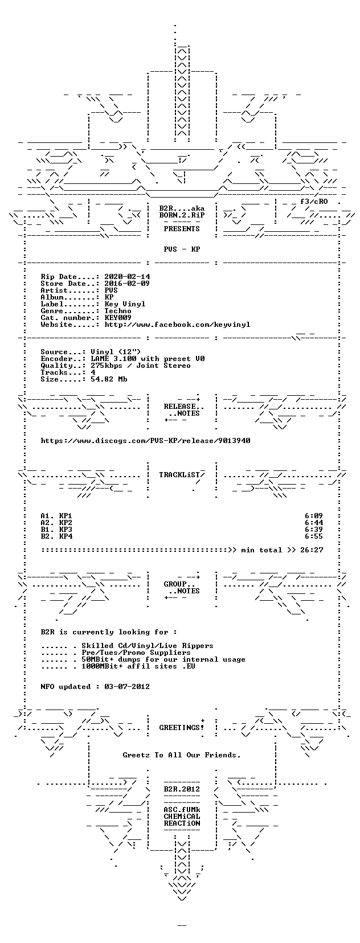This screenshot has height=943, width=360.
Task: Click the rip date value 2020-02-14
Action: (x=127, y=277)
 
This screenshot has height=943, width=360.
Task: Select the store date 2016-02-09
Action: (x=127, y=284)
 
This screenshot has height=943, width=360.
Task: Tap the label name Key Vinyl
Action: (x=125, y=304)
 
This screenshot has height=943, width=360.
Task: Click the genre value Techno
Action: (x=118, y=311)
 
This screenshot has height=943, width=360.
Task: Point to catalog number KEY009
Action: (x=118, y=317)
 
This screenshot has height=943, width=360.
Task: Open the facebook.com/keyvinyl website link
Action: (x=177, y=325)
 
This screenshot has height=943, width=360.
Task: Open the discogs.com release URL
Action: (x=146, y=441)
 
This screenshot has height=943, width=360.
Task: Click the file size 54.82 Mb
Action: (x=109, y=379)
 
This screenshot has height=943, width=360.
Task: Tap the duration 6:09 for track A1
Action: (x=314, y=516)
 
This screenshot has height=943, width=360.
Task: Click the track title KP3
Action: (x=66, y=529)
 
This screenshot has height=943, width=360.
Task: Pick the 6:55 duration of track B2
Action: (x=314, y=536)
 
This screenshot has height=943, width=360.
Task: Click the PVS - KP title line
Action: (x=182, y=249)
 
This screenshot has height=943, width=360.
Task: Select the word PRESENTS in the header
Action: (x=182, y=228)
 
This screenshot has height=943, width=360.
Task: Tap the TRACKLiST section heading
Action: (x=180, y=475)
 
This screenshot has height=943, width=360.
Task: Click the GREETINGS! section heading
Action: (x=182, y=727)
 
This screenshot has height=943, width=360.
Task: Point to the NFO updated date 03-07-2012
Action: (x=127, y=687)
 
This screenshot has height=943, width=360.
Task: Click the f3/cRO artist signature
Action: (x=314, y=201)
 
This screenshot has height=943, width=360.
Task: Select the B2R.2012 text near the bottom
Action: (x=182, y=789)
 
